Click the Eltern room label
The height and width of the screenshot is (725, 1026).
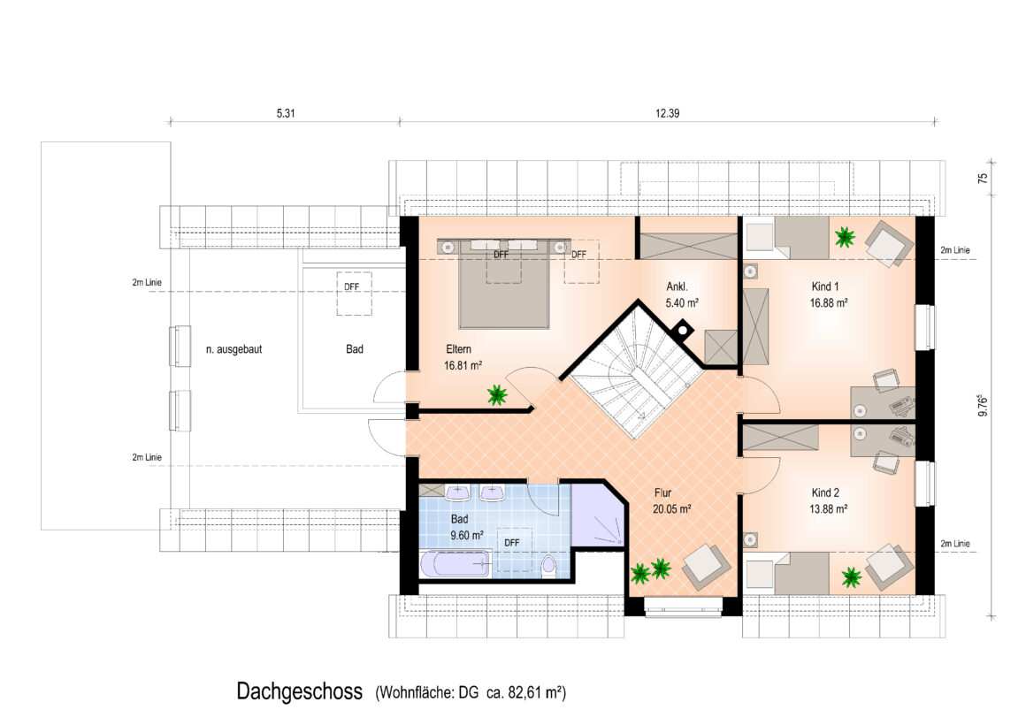click(458, 349)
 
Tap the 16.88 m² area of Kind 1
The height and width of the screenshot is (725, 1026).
click(829, 303)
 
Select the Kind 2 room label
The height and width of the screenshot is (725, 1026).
click(825, 492)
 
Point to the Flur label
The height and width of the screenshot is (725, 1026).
click(662, 492)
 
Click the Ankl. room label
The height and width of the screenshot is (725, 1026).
click(677, 286)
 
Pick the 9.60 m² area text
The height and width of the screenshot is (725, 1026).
click(466, 535)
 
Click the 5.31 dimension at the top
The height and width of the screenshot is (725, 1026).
click(286, 113)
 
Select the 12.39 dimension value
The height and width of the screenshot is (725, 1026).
click(668, 113)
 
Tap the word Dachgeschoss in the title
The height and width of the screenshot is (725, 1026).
click(299, 691)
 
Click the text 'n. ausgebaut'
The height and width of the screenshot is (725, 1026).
click(234, 349)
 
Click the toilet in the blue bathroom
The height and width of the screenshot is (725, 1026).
click(548, 567)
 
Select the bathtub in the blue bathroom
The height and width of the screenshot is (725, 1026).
click(454, 564)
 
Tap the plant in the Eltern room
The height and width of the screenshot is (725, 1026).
click(497, 394)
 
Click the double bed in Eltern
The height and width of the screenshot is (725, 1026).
click(503, 284)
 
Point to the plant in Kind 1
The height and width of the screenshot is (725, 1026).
click(844, 237)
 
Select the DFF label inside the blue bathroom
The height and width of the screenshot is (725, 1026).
click(512, 543)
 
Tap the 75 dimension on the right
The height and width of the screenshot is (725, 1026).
click(983, 178)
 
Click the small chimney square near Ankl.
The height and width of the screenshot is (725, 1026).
click(682, 328)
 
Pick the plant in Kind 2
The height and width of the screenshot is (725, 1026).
click(851, 576)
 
